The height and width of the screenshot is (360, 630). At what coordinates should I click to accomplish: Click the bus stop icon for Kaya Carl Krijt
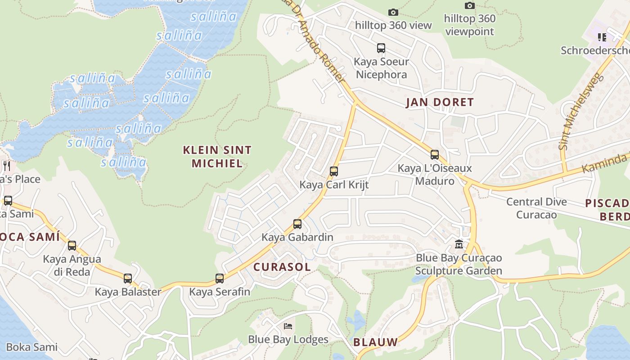coord(333,171)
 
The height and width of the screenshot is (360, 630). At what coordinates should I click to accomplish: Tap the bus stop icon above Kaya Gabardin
coord(297,224)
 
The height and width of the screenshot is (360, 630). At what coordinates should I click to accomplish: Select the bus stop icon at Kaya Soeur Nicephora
coord(381,48)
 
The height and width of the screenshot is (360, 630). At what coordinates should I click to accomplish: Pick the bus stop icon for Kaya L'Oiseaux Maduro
coord(434,155)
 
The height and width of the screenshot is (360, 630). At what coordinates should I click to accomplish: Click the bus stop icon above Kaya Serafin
coord(219,279)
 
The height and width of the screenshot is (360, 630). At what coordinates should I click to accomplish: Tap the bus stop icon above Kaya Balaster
coord(128,279)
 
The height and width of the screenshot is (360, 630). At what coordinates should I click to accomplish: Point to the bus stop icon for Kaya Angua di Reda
coord(72,246)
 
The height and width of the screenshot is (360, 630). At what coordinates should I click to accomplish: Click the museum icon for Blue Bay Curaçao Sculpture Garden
coord(459,244)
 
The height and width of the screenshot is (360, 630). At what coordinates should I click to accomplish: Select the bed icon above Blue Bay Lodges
coord(288,326)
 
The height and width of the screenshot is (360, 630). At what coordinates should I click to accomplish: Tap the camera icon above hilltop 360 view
coord(393,12)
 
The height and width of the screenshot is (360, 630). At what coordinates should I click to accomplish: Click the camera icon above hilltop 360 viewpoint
coord(469,5)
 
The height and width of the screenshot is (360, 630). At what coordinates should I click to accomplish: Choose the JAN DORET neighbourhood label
coord(440,102)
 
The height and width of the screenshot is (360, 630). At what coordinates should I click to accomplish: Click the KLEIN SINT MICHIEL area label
coord(217,156)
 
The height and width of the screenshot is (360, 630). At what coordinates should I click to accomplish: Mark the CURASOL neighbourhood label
coord(282,267)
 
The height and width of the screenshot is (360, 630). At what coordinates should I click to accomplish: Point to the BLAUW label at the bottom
coord(375,342)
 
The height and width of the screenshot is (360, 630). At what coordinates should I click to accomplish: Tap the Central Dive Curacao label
coord(536,208)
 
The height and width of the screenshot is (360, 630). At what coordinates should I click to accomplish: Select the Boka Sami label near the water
coord(32,347)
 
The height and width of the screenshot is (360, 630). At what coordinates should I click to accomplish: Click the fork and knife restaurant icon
coord(6,166)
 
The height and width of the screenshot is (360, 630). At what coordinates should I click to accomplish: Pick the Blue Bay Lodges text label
coord(288,339)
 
